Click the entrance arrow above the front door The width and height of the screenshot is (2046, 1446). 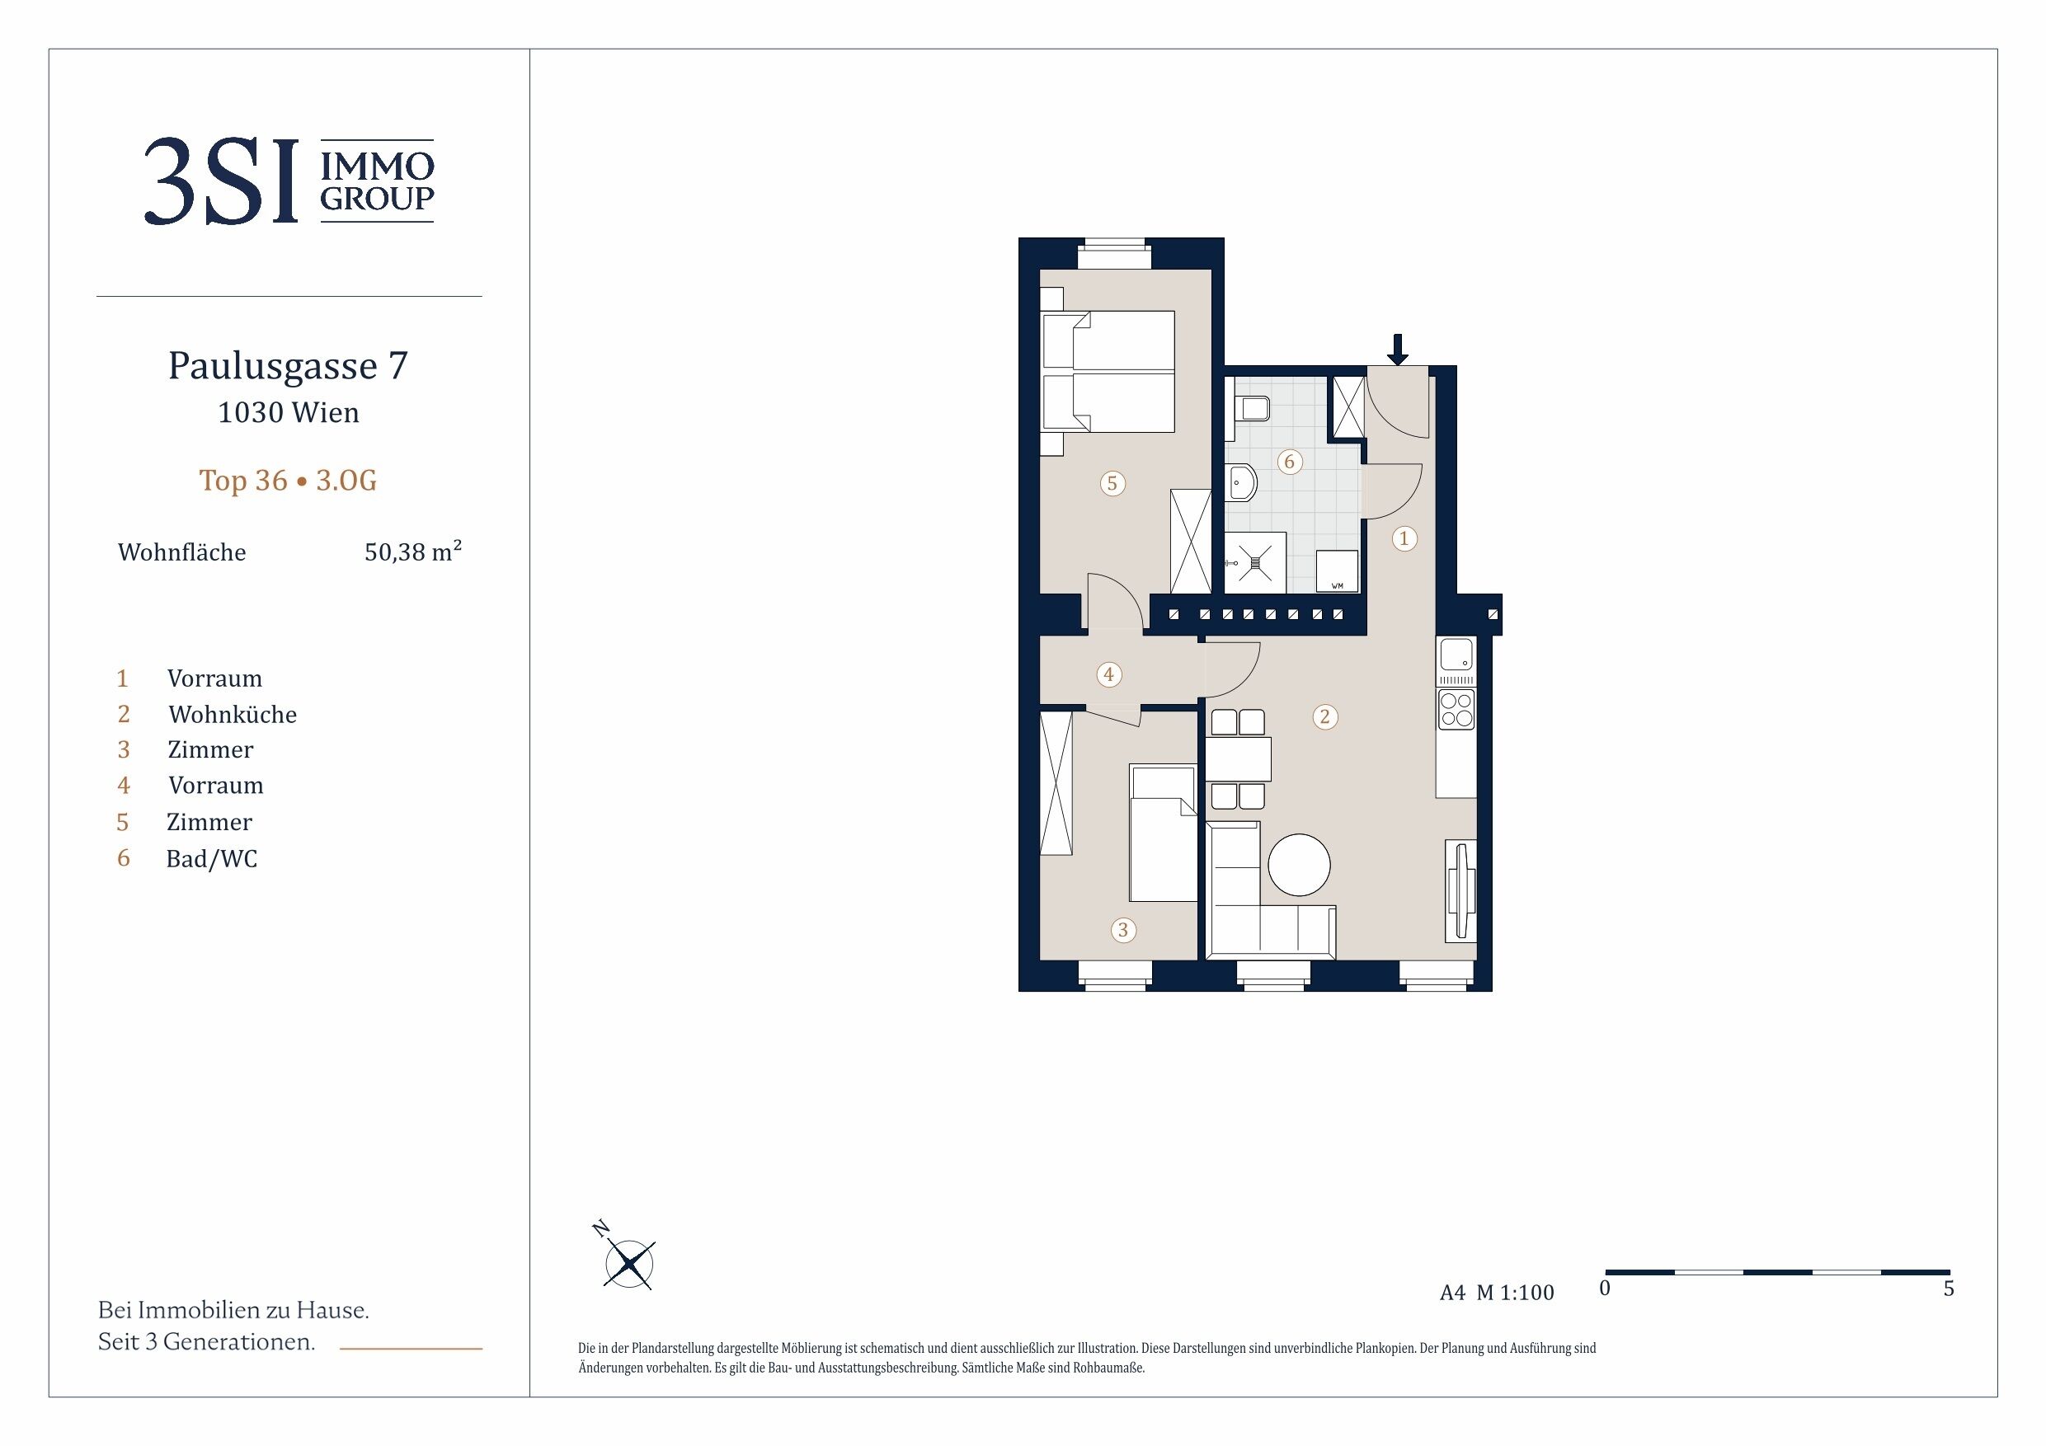click(1397, 350)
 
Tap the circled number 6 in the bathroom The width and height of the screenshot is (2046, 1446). click(1289, 462)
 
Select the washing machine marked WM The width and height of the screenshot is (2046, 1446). click(1337, 570)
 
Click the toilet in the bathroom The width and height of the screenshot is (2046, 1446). click(1250, 409)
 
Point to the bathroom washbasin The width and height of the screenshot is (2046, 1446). click(1240, 484)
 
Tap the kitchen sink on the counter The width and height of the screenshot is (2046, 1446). click(1456, 655)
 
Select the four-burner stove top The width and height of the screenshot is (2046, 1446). click(1456, 710)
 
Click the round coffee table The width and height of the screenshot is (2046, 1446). click(1298, 864)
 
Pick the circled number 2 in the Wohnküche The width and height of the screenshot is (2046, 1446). click(1325, 716)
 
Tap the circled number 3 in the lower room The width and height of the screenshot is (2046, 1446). click(1123, 930)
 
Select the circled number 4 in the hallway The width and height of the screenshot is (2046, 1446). click(1108, 674)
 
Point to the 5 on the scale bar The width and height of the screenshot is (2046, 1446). click(1949, 1289)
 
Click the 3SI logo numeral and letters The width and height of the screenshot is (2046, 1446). click(221, 181)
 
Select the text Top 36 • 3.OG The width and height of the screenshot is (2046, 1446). click(288, 481)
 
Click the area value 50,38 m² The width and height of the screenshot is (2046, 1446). click(412, 551)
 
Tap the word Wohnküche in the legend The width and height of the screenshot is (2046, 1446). click(233, 715)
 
